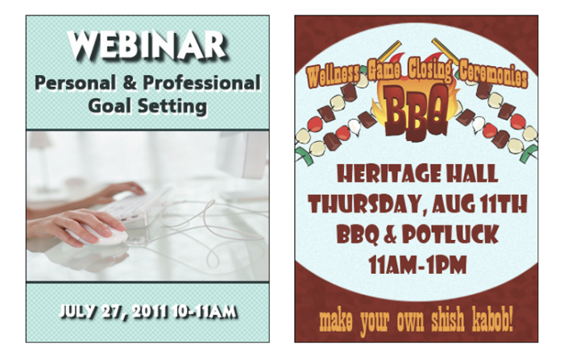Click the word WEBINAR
(147, 46)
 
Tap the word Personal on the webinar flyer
(76, 83)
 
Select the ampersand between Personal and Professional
(130, 83)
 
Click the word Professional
(201, 83)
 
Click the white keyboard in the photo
(134, 208)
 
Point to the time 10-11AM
(205, 312)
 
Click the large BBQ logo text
(417, 110)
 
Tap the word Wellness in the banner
(334, 76)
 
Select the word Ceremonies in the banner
(493, 75)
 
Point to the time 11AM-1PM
(417, 265)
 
